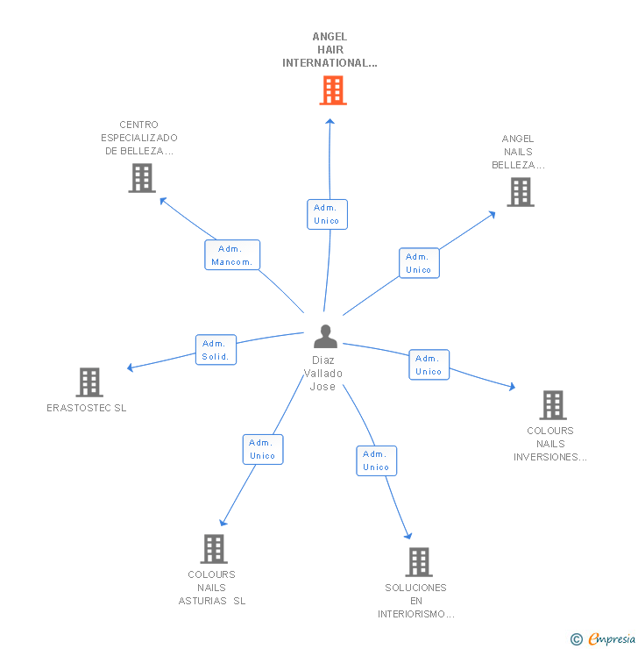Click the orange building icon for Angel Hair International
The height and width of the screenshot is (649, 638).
pyautogui.click(x=332, y=90)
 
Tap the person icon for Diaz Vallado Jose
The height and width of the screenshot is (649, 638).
pyautogui.click(x=325, y=337)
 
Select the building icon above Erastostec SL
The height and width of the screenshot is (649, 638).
pyautogui.click(x=89, y=382)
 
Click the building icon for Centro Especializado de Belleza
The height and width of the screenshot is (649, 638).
pyautogui.click(x=141, y=178)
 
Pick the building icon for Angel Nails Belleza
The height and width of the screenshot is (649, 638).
pyautogui.click(x=520, y=192)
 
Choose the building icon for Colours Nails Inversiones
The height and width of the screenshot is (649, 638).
pyautogui.click(x=552, y=405)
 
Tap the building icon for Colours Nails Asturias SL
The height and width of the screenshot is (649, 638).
pyautogui.click(x=213, y=549)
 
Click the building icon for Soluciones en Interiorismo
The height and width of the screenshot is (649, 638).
pyautogui.click(x=418, y=562)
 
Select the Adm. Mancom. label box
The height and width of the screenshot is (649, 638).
pyautogui.click(x=232, y=255)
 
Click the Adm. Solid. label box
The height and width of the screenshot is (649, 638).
pyautogui.click(x=215, y=350)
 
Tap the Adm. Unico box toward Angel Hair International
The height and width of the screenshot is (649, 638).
pyautogui.click(x=327, y=214)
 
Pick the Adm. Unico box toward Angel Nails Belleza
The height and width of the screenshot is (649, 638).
pyautogui.click(x=419, y=263)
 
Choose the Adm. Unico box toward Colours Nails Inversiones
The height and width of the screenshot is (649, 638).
pyautogui.click(x=429, y=365)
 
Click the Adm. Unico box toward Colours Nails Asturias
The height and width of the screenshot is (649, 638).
pyautogui.click(x=262, y=449)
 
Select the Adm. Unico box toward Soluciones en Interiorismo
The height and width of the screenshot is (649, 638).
pyautogui.click(x=376, y=460)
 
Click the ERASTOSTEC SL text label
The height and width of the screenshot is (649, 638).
pyautogui.click(x=87, y=408)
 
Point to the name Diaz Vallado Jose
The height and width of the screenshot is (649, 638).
pyautogui.click(x=323, y=374)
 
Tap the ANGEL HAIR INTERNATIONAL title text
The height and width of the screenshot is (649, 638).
pyautogui.click(x=330, y=50)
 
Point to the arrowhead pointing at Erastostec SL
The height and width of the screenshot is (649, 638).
pyautogui.click(x=131, y=367)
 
